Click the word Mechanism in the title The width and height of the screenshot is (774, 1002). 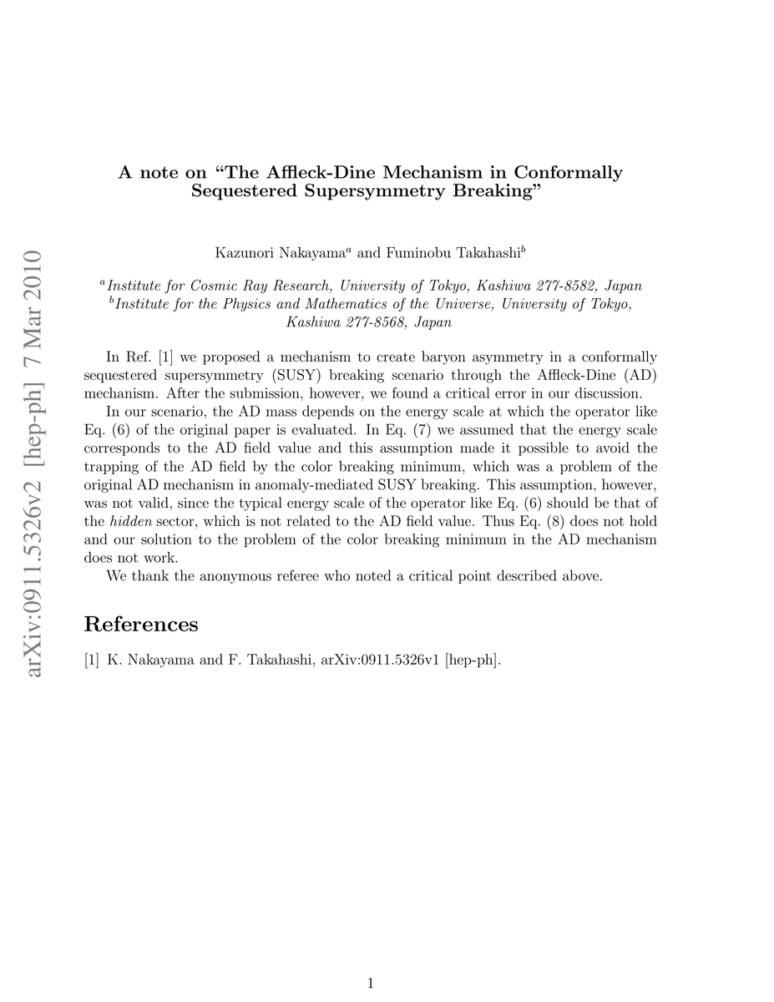coord(450,173)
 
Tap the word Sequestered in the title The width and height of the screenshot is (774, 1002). coord(241,191)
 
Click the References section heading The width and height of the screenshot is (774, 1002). coord(141,625)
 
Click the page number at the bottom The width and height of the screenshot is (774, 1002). coord(371,984)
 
